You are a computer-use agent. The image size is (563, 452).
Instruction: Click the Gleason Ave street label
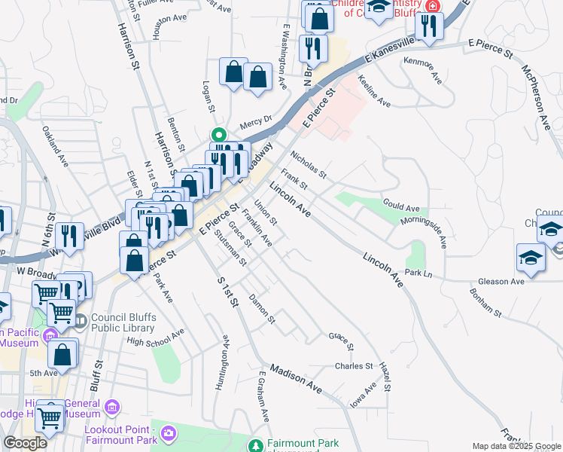click(x=501, y=281)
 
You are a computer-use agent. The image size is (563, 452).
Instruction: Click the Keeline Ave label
click(x=374, y=90)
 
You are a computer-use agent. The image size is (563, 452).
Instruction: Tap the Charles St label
click(x=354, y=367)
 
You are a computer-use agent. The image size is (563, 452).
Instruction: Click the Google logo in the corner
click(x=25, y=443)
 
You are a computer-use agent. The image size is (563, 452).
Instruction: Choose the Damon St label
click(x=262, y=310)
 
